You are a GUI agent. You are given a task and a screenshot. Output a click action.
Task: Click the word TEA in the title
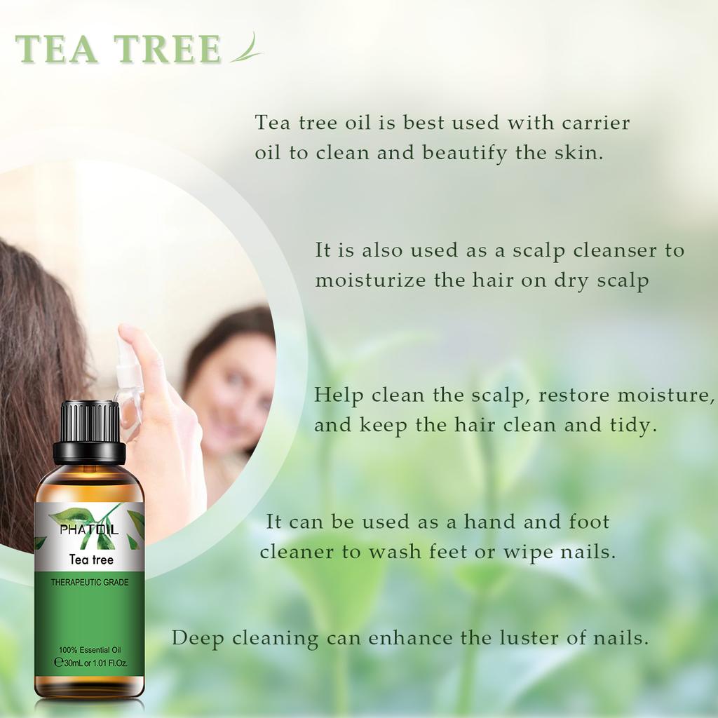pos(57,49)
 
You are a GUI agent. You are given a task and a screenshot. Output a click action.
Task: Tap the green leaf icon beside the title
pos(246,47)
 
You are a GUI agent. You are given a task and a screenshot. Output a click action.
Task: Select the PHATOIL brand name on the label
pos(89,530)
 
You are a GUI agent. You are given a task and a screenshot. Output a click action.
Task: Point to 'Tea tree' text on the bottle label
pos(91,559)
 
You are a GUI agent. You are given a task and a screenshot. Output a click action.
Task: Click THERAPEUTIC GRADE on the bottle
pos(90,583)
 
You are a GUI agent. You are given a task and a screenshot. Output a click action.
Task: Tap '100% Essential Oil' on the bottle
pos(90,650)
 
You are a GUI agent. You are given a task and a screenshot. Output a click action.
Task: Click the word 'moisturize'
pos(370,280)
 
